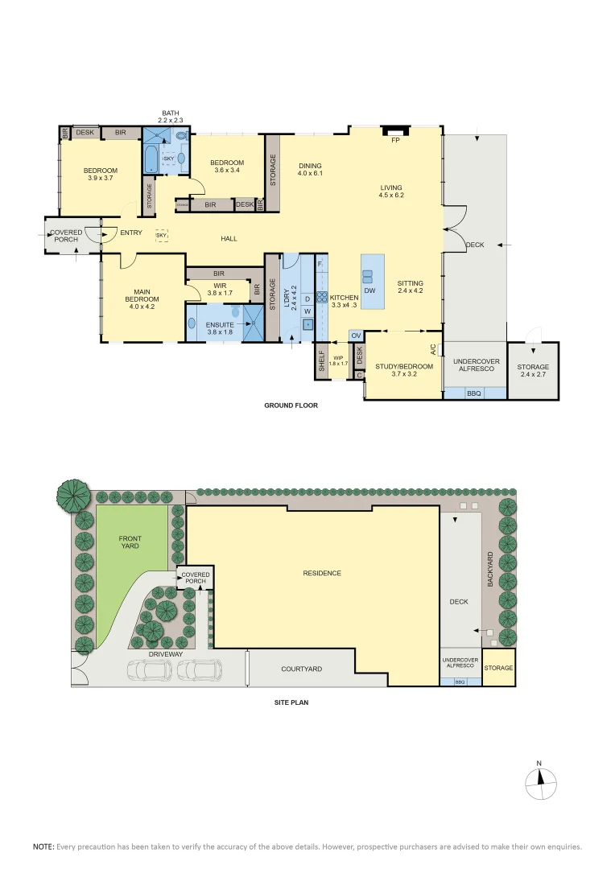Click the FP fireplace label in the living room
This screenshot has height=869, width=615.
395,141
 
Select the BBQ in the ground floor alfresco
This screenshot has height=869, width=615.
474,393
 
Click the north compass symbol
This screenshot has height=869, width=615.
540,780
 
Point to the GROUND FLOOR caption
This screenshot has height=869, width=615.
291,406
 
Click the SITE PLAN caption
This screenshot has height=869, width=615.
291,702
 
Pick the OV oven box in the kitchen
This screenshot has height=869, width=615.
355,335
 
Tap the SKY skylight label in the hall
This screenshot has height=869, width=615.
162,236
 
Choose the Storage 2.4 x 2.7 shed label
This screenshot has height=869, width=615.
533,371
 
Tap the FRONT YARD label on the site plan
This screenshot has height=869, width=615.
130,542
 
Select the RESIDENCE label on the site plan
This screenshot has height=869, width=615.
322,573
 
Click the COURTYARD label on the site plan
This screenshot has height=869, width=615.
302,669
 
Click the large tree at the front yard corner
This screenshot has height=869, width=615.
72,494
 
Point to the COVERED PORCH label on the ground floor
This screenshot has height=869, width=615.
66,236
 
